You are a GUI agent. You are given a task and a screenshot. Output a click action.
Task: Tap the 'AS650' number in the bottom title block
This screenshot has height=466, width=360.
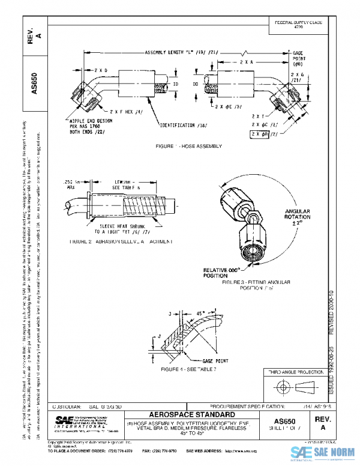pos(290,422)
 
